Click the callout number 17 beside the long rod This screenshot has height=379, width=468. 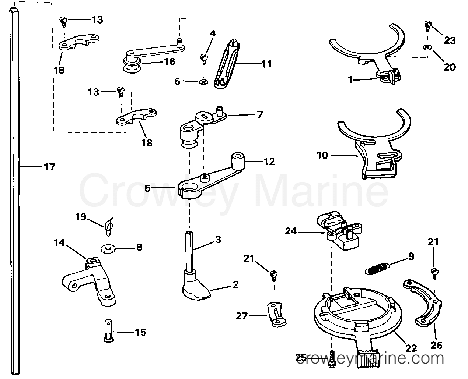tap(49, 167)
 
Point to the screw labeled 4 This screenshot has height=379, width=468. tap(203, 57)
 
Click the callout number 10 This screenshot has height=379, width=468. tap(322, 155)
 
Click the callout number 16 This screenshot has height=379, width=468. tap(170, 62)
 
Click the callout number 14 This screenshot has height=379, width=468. tap(59, 243)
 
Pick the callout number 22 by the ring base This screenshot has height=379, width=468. tap(411, 348)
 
